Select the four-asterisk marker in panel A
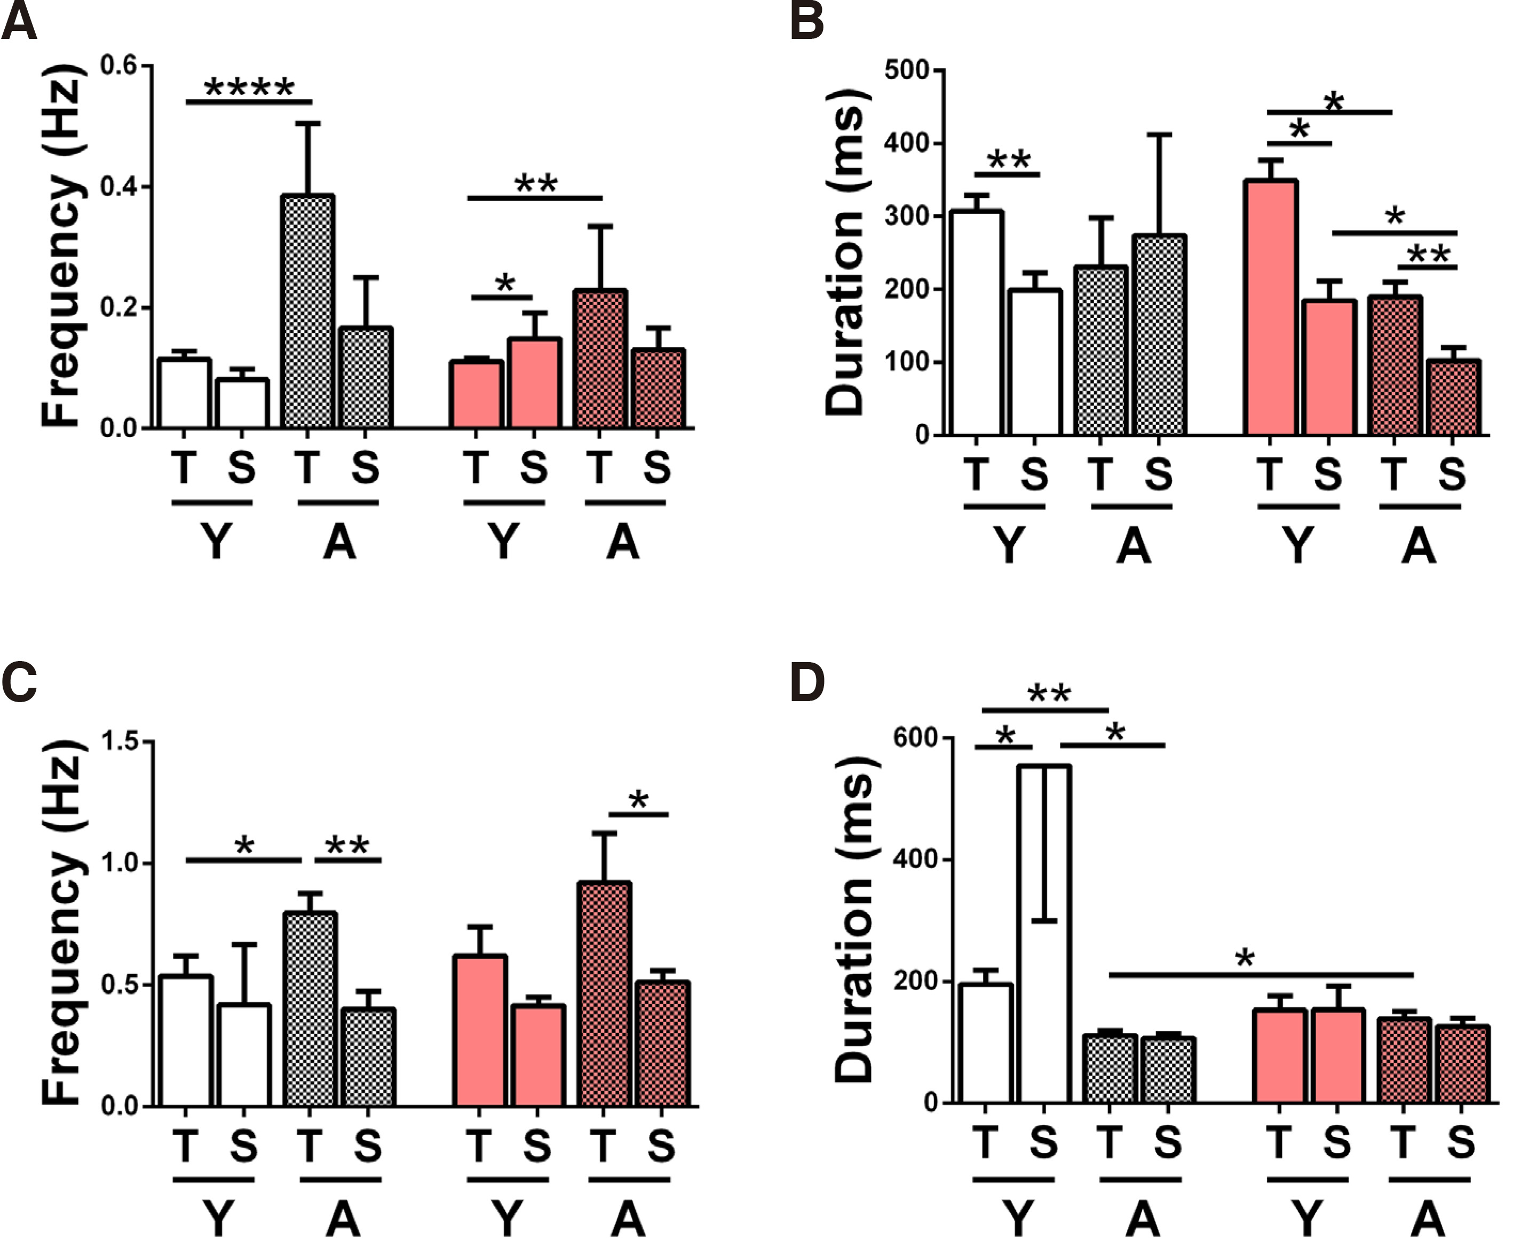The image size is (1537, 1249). click(249, 89)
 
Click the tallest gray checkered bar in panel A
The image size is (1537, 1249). click(308, 311)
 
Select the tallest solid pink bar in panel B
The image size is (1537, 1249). click(1271, 307)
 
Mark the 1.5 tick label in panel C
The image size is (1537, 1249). click(120, 741)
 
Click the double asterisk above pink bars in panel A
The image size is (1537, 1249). click(536, 184)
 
